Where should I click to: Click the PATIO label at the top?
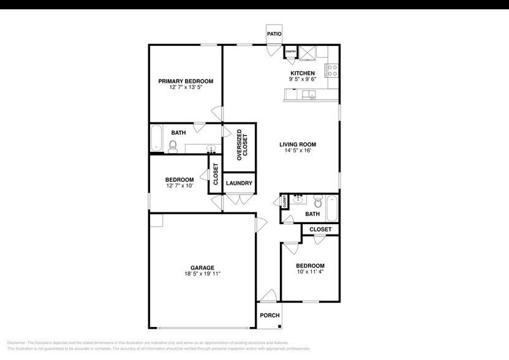click(x=274, y=34)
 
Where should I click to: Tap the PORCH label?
click(x=270, y=315)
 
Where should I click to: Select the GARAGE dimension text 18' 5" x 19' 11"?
click(x=202, y=274)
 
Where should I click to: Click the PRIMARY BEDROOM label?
click(x=186, y=81)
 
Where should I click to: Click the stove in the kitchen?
click(x=333, y=70)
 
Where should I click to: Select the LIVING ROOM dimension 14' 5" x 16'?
click(x=298, y=151)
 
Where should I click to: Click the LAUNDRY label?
click(x=239, y=183)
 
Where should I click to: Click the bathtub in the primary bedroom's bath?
click(x=156, y=139)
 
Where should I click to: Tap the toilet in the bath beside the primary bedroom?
click(x=173, y=146)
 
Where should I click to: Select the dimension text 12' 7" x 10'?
click(x=179, y=186)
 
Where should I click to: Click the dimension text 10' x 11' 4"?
click(x=311, y=272)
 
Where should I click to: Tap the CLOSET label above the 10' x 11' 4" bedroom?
click(x=320, y=230)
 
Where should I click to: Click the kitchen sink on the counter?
click(x=308, y=95)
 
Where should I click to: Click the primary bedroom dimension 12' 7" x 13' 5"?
click(x=186, y=88)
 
